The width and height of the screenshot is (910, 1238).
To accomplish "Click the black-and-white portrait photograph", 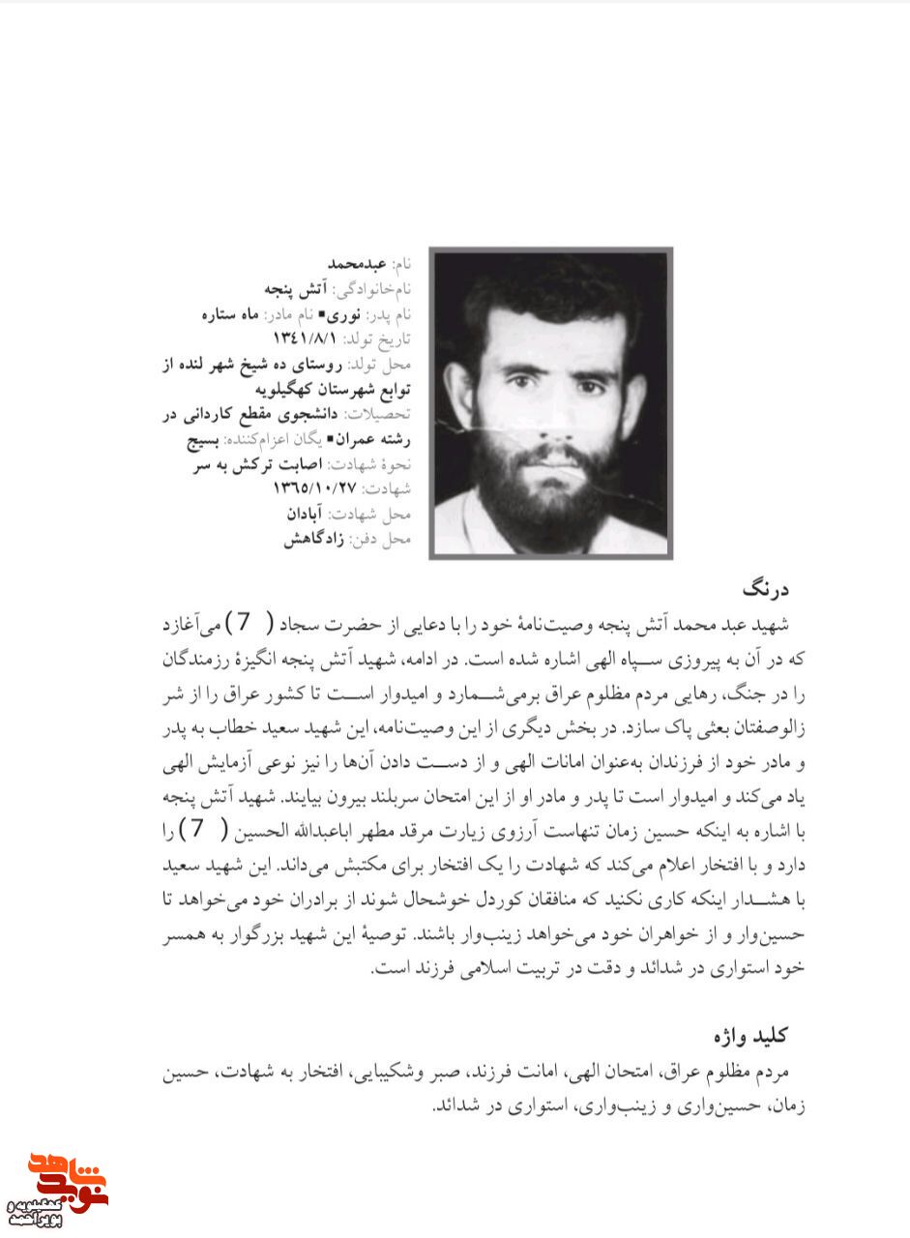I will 550,401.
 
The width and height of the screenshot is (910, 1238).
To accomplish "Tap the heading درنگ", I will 766,589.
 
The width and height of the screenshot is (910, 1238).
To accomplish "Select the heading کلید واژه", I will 750,1036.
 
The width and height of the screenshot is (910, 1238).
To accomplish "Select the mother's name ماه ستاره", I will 230,313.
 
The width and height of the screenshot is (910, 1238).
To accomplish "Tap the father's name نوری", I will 341,313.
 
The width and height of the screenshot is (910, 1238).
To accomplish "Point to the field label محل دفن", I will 386,540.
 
